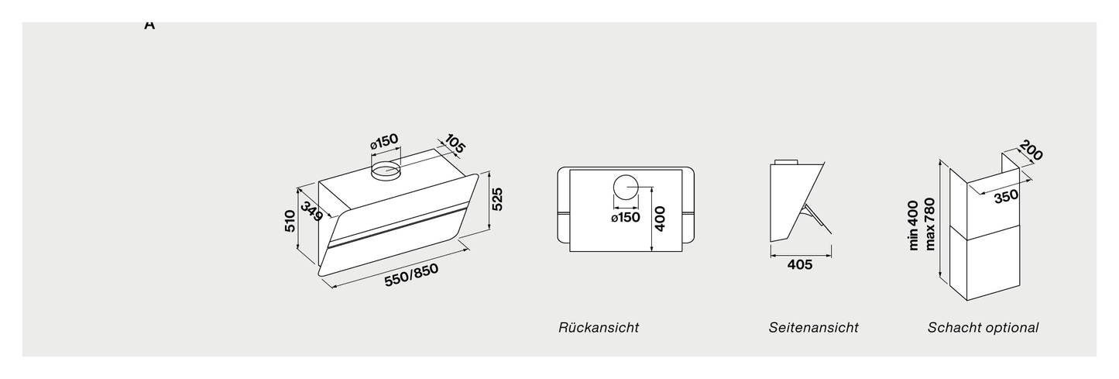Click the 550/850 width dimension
411,274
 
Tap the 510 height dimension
290,221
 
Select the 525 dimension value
497,199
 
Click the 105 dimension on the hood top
455,143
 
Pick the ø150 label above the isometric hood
384,141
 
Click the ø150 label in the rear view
626,218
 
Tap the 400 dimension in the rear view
660,219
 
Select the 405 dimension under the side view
800,264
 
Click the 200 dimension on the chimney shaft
1031,150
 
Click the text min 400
913,225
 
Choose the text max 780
929,224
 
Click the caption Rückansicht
599,328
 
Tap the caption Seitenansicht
813,328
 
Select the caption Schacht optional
983,328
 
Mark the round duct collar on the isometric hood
386,171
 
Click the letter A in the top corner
149,25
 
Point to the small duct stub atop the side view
786,162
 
